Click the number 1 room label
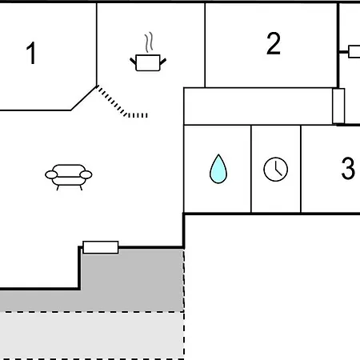(31, 53)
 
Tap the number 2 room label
(274, 43)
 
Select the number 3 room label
(348, 168)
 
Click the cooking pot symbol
(148, 62)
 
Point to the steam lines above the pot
(149, 42)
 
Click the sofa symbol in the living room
(69, 177)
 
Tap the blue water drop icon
(218, 169)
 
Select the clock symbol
(276, 169)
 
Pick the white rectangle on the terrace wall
(101, 247)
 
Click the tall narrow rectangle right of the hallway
(338, 106)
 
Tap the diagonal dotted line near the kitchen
(111, 101)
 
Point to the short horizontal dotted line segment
(138, 115)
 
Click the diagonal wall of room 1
(83, 98)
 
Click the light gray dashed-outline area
(92, 335)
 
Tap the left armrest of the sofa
(51, 175)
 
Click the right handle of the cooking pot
(163, 62)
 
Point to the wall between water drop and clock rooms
(251, 169)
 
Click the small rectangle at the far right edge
(354, 52)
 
